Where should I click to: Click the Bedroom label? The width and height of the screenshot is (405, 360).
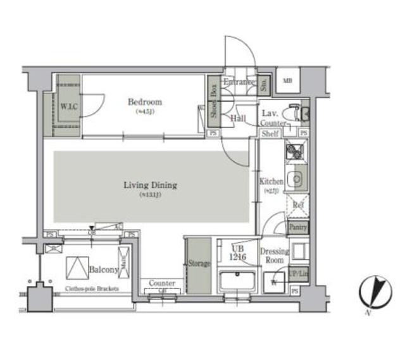[x=145, y=102]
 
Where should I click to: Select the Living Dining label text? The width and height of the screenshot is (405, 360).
[x=150, y=185]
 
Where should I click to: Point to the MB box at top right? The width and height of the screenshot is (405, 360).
[x=288, y=80]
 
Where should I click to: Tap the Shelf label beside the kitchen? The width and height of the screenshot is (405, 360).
[x=270, y=133]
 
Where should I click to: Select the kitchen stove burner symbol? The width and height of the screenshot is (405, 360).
[x=294, y=152]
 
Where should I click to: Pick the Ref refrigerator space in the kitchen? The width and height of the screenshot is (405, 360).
[x=295, y=206]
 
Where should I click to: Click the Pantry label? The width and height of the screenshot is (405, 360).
[x=297, y=227]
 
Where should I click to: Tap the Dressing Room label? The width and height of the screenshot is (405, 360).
[x=274, y=256]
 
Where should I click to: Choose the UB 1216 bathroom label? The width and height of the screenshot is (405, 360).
[x=237, y=252]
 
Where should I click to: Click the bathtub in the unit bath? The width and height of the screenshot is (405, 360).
[x=237, y=280]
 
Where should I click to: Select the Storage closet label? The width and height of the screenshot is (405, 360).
[x=198, y=264]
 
